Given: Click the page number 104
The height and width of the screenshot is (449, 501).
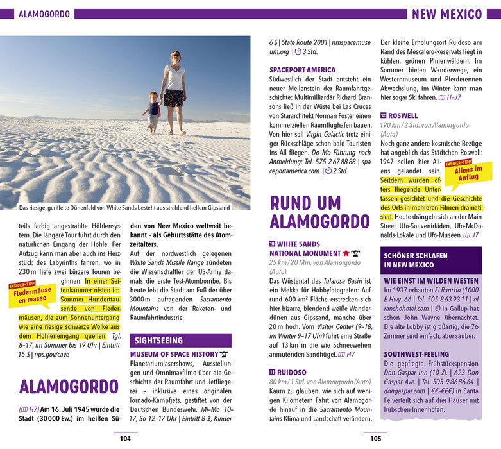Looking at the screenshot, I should point(125,439).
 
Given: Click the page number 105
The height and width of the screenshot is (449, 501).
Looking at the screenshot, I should point(375,439).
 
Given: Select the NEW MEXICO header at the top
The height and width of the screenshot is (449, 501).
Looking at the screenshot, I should point(446,14).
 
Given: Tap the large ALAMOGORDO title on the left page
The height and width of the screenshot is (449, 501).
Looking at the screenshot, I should point(62,386).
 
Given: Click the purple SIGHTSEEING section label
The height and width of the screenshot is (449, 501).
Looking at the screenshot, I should point(158,341).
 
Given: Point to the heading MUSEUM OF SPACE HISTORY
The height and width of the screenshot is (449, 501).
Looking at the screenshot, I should point(174,354).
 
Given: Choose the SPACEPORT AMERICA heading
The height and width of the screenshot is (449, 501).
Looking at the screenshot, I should point(302,70).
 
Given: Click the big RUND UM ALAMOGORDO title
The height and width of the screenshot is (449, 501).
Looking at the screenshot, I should point(314,212).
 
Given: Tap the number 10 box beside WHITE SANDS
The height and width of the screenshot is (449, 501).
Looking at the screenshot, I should point(273,244).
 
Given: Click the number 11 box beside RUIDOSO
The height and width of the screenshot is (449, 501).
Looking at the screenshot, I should point(273,372).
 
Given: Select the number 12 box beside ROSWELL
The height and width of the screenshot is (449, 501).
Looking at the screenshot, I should point(384,116).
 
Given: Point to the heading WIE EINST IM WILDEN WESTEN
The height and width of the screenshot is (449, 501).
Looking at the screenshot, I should point(431,281).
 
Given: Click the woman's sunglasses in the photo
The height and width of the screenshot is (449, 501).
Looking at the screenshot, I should point(175,57).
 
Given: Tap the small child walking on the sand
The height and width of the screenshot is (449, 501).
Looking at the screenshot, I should point(154,110).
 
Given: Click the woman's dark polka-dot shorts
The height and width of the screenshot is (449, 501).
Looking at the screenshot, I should point(174,97).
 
